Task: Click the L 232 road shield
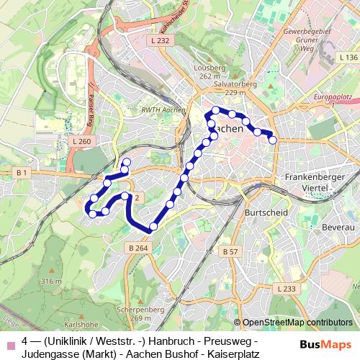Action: point(162,41)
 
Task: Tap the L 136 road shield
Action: point(348,57)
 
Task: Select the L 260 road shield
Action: point(82,141)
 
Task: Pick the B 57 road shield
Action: point(230,251)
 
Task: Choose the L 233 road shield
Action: point(287,288)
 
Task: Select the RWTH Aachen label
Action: point(163,109)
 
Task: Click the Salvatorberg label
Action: point(220,84)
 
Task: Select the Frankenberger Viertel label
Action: point(316,181)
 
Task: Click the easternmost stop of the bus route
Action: point(273,140)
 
